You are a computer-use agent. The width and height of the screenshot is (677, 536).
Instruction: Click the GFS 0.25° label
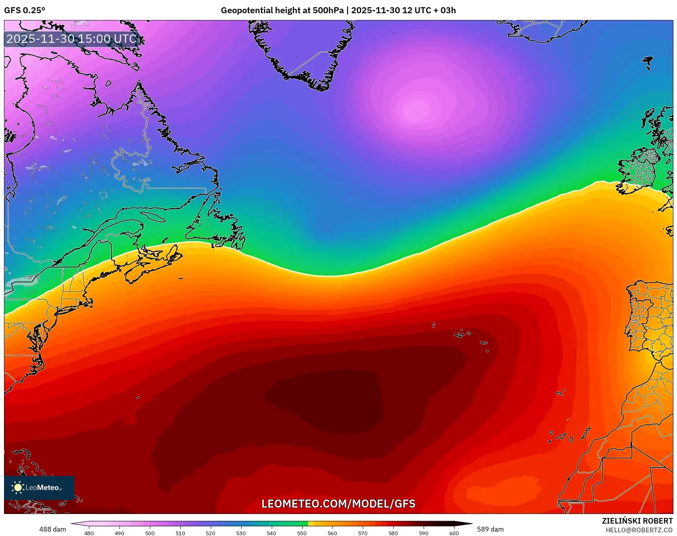pos(25,10)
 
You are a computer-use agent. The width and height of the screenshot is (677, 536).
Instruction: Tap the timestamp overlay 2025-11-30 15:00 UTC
pos(71,39)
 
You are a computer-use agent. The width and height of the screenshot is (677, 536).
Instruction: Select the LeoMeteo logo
pos(39,488)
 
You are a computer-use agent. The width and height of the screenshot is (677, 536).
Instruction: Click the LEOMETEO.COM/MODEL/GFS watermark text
pos(338,504)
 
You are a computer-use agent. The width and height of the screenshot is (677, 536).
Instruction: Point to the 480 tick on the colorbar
pos(89,533)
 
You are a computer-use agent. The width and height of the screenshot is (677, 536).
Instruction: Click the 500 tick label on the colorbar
pos(150,533)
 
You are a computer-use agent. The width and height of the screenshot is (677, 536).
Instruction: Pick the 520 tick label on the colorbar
pos(210,533)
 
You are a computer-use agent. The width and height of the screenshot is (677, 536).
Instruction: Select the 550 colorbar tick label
pos(302,533)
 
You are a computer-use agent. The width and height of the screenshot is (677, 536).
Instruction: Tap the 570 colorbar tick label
pos(363,533)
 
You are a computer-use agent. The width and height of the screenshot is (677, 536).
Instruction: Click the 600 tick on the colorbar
pos(454,533)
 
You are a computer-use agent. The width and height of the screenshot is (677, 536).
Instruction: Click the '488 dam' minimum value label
pos(53,529)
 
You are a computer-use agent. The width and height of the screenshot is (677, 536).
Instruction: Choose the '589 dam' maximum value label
pos(490,529)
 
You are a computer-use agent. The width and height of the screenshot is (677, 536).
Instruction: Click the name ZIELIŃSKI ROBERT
pos(637,521)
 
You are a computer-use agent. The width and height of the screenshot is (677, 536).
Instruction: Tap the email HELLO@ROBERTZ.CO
pos(639,530)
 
